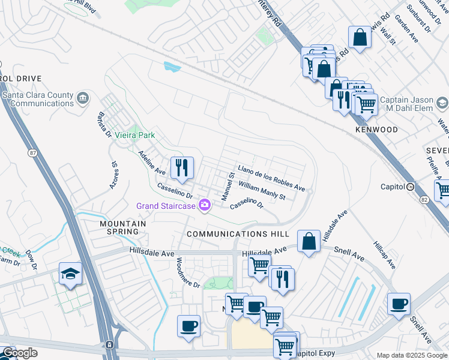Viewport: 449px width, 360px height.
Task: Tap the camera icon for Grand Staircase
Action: [x=205, y=206]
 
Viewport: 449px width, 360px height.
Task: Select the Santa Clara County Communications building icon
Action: [x=83, y=98]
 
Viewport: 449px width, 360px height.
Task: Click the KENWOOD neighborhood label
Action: [x=376, y=130]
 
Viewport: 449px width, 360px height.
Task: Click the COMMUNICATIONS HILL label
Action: [x=238, y=233]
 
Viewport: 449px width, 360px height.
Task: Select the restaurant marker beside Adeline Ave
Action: [x=182, y=167]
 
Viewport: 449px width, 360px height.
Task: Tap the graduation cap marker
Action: [x=70, y=274]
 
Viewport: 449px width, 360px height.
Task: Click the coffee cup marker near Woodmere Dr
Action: [x=188, y=326]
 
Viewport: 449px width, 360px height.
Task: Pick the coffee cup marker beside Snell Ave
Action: [x=399, y=304]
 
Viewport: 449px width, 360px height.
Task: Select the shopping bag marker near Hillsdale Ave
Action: [x=309, y=242]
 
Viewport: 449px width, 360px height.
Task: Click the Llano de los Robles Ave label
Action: [x=271, y=178]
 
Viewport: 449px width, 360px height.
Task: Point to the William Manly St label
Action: [x=261, y=192]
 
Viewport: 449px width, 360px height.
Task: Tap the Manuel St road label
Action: [x=228, y=187]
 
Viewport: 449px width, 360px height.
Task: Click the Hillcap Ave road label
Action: [x=384, y=255]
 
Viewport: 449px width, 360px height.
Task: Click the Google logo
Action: [x=20, y=353]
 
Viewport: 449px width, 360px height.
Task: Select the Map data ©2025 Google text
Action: [x=411, y=355]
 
